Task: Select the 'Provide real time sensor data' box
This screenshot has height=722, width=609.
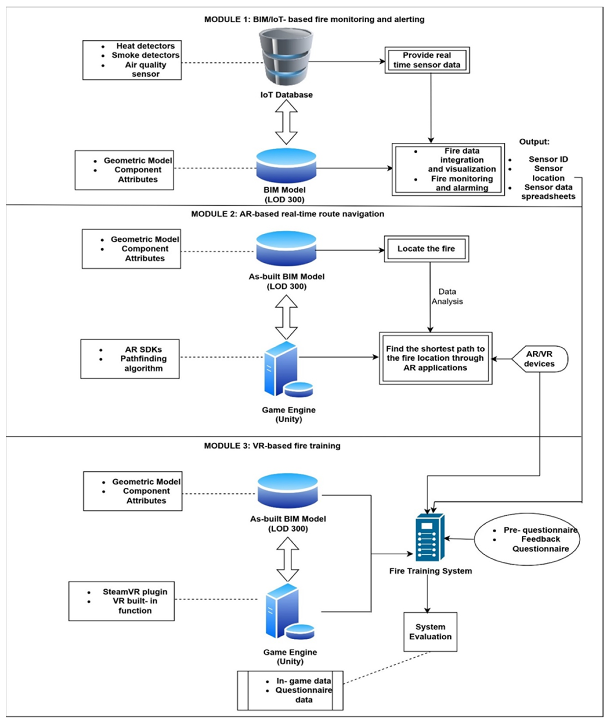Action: pyautogui.click(x=427, y=60)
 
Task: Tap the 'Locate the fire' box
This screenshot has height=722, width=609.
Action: pyautogui.click(x=426, y=249)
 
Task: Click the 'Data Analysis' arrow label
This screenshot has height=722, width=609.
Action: pyautogui.click(x=447, y=296)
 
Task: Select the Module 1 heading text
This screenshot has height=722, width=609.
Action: pyautogui.click(x=314, y=19)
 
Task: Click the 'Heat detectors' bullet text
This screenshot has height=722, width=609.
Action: pyautogui.click(x=145, y=46)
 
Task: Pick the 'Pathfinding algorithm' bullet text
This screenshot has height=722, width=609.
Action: pyautogui.click(x=143, y=363)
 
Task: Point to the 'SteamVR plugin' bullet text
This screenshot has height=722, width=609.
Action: pyautogui.click(x=135, y=592)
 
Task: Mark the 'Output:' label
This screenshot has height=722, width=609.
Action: pyautogui.click(x=534, y=142)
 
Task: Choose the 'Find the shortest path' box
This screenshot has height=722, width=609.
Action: pyautogui.click(x=435, y=358)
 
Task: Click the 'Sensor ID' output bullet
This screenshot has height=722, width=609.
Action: pyautogui.click(x=548, y=159)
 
